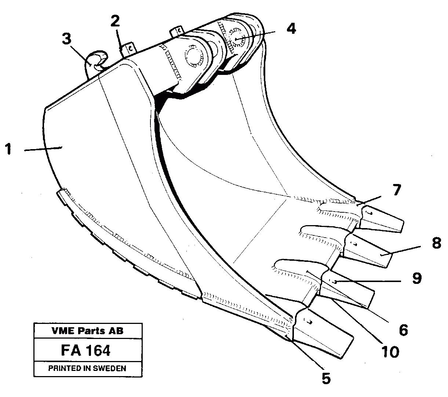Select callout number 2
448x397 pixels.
115,21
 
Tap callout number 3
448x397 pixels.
66,39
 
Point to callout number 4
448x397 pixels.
291,29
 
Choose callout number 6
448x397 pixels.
403,330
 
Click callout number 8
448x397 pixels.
436,243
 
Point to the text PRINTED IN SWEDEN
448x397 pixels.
87,368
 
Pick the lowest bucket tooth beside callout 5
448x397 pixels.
323,331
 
